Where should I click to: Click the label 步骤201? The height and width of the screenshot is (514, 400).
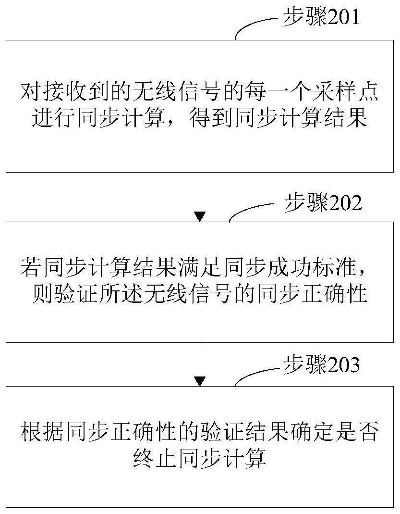pyautogui.click(x=321, y=17)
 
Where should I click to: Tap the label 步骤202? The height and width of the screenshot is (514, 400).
pyautogui.click(x=323, y=202)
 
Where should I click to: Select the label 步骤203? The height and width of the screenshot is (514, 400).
pyautogui.click(x=321, y=364)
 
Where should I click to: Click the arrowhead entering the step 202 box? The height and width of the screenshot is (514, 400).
pyautogui.click(x=200, y=217)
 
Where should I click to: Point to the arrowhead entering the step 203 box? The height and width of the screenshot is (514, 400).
pyautogui.click(x=200, y=381)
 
